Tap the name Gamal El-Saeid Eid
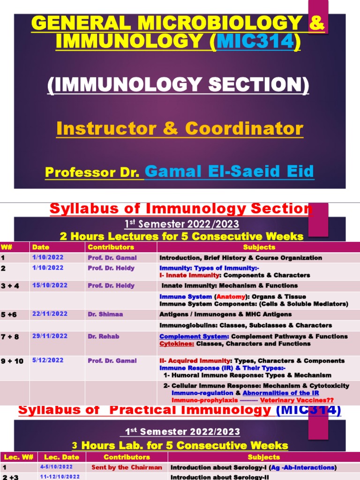(x=229, y=172)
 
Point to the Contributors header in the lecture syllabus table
(x=111, y=247)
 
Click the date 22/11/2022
(x=50, y=314)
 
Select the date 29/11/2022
(x=50, y=337)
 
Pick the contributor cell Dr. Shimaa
(x=105, y=314)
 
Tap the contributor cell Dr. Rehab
(x=103, y=337)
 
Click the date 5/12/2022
(x=48, y=360)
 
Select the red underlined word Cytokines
(x=177, y=344)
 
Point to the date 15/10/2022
(x=50, y=285)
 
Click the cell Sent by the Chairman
(x=127, y=467)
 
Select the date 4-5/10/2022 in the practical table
(x=56, y=467)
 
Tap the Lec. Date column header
(x=59, y=457)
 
